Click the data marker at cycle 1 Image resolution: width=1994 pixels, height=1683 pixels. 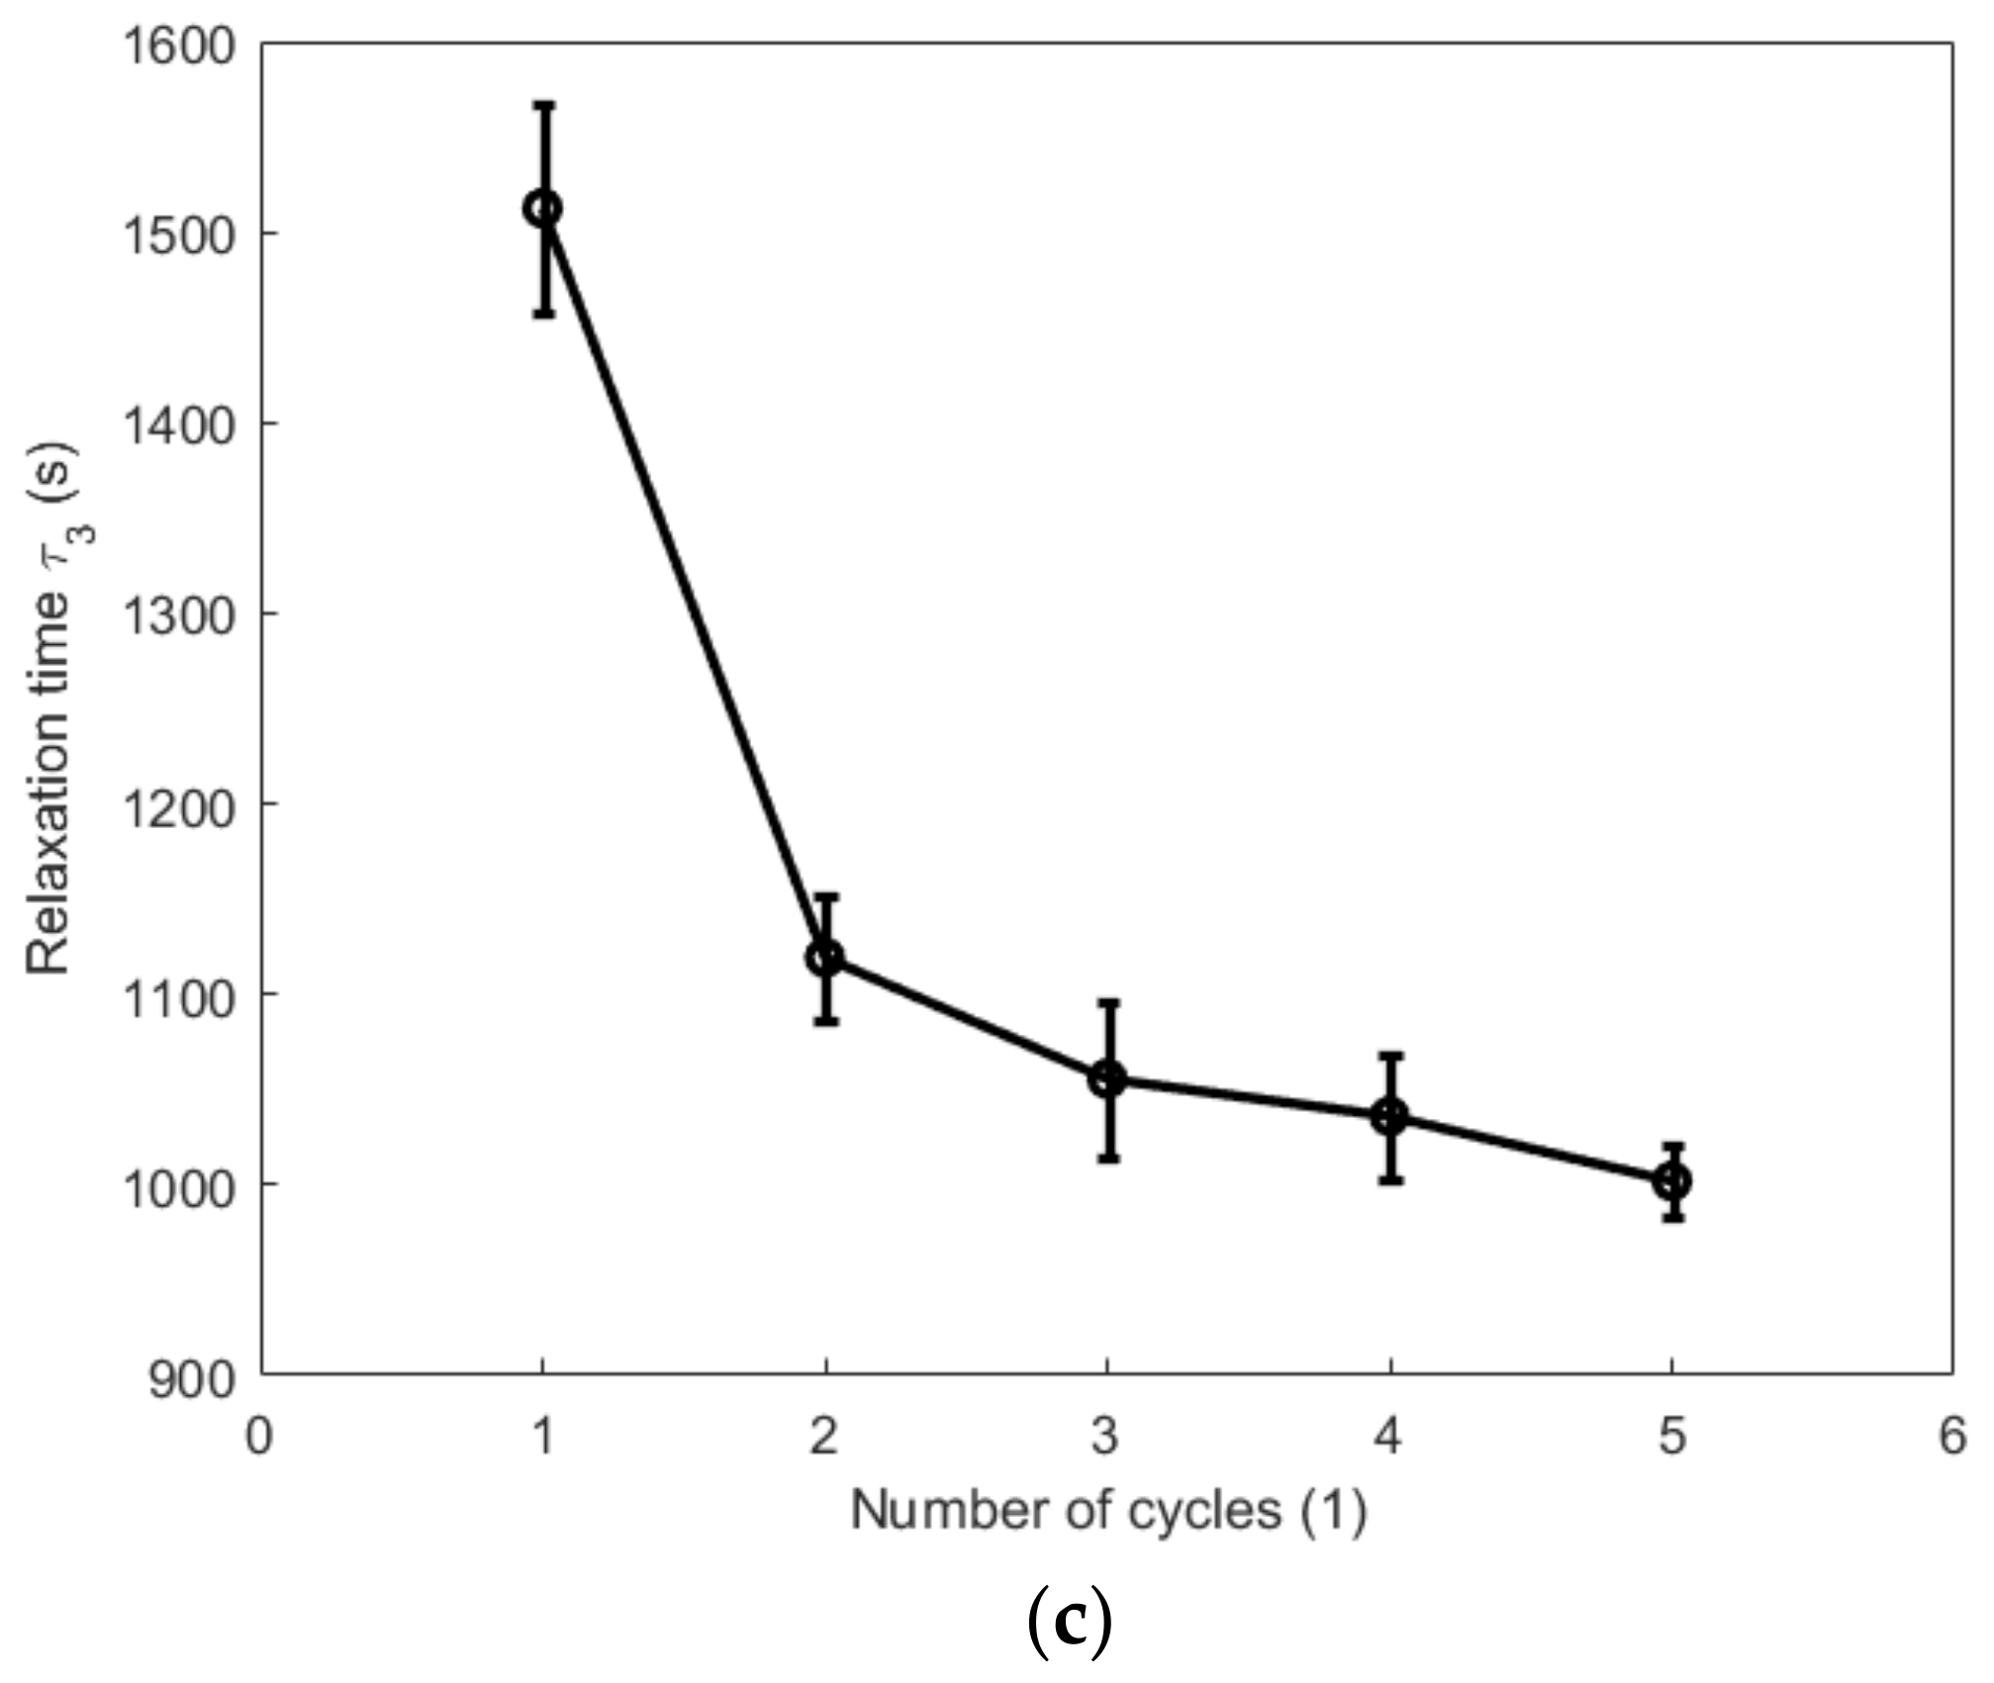coord(543,208)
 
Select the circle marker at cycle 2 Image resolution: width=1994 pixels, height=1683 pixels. coord(825,958)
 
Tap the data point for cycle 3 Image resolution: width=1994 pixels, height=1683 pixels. coord(1107,1078)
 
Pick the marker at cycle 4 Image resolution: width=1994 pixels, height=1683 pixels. coord(1390,1117)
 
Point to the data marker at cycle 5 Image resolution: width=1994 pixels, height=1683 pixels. coord(1672,1181)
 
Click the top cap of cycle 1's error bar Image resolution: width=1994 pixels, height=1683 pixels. coord(543,103)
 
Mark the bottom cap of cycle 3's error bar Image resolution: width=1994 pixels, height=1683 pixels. coord(1108,1158)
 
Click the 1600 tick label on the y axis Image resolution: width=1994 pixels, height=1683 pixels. coord(178,47)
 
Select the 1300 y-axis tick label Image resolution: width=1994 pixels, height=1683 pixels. coord(178,615)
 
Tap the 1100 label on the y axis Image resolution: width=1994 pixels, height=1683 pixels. coord(178,995)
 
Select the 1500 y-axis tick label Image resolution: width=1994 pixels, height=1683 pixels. coord(178,235)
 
